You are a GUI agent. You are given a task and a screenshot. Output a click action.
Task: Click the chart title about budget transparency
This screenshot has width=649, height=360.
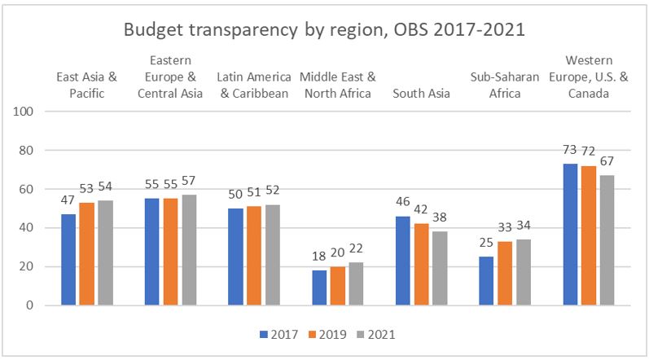325,30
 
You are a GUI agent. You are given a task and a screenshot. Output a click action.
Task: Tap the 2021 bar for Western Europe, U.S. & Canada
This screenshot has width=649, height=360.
606,240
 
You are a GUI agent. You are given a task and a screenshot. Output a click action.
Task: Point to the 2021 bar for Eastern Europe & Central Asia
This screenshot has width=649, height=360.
189,250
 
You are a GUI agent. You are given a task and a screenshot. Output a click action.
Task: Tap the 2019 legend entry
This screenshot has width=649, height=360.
330,333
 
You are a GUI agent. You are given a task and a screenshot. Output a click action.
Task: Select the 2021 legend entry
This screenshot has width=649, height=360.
379,333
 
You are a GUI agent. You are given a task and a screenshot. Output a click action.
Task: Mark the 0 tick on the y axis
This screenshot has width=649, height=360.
27,305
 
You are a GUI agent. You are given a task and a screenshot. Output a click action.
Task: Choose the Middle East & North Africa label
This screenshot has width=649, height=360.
337,84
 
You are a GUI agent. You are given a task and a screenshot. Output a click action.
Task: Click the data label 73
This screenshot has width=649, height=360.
570,151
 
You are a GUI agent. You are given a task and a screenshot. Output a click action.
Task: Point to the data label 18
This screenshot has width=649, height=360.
319,257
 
